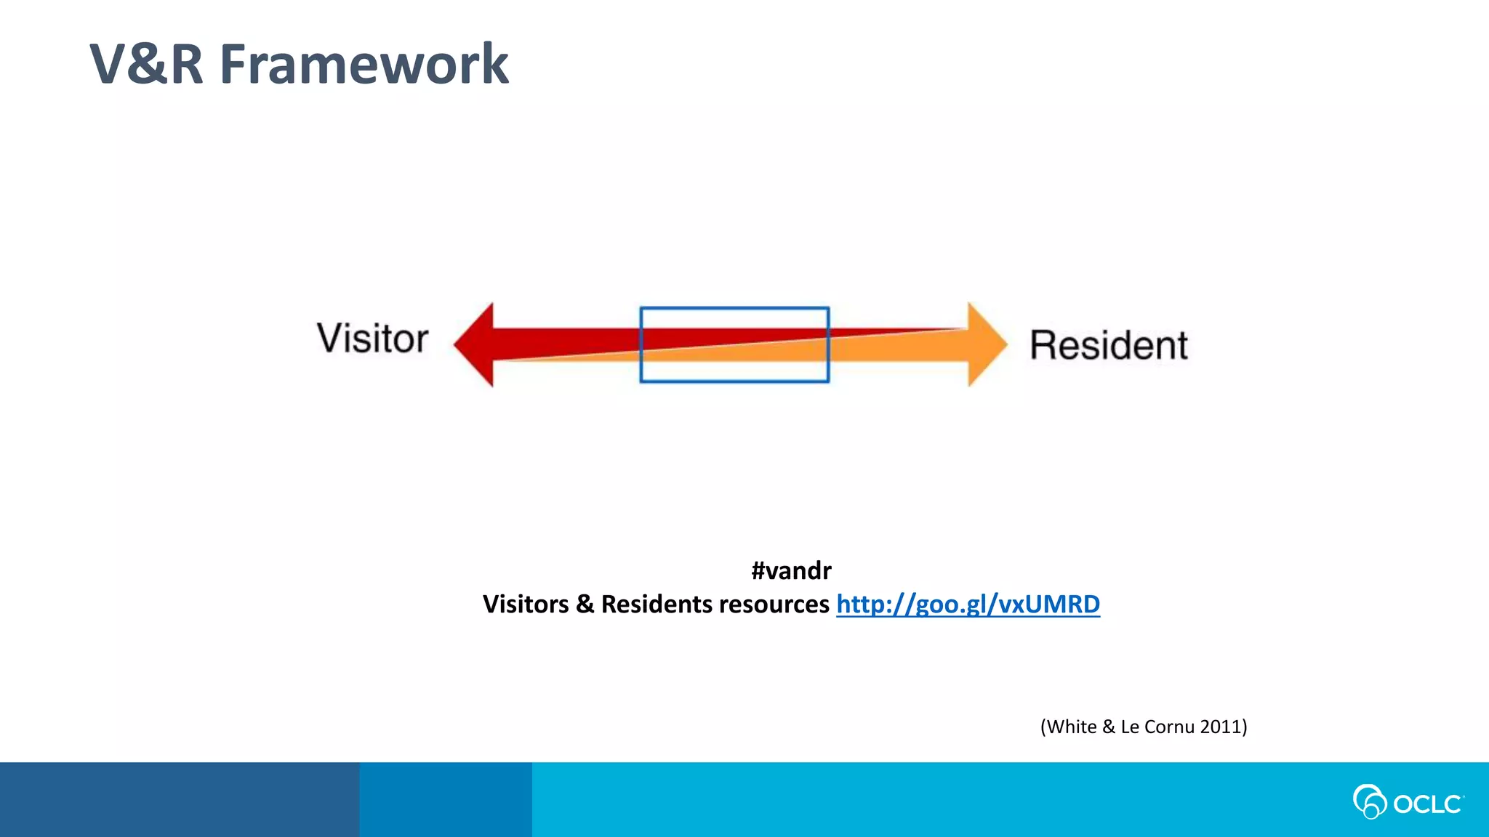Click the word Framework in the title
tap(364, 65)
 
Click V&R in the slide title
tap(145, 65)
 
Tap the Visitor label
tap(372, 339)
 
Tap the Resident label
tap(1109, 345)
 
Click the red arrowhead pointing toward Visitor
tap(475, 344)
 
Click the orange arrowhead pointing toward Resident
tap(986, 344)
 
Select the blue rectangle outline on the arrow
tap(734, 308)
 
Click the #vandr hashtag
tap(791, 571)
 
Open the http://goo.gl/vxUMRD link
tap(968, 604)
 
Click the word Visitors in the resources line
tap(525, 604)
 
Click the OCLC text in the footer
tap(1427, 804)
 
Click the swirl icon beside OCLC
tap(1369, 801)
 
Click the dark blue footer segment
tap(179, 799)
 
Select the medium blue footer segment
tap(445, 799)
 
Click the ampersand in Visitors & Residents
tap(585, 604)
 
